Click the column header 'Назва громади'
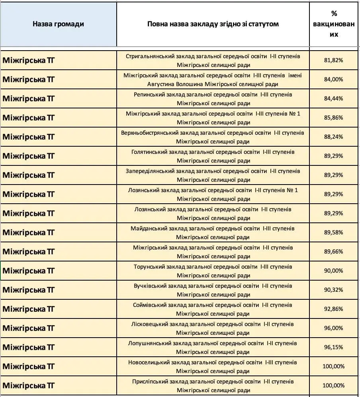tap(58, 24)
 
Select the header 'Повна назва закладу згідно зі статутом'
tap(213, 24)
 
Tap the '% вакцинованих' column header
tap(334, 24)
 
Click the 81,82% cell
tap(334, 60)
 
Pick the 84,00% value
tap(334, 79)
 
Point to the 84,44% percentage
tap(334, 98)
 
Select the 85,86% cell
tap(334, 118)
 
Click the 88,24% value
tap(334, 137)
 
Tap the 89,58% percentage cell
tap(334, 232)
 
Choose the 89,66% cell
tap(334, 252)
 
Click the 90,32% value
tap(334, 290)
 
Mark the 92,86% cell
tap(334, 309)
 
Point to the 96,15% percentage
tap(334, 347)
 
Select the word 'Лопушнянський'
tap(148, 344)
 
